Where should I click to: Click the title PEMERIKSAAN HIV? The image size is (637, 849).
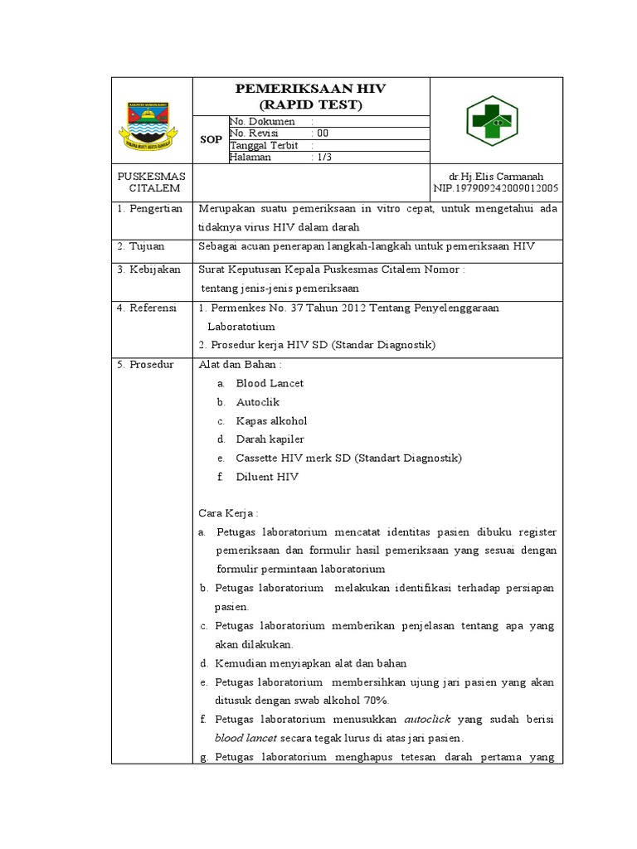click(311, 90)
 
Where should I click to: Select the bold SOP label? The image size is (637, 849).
click(211, 140)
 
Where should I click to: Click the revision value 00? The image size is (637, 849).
click(323, 133)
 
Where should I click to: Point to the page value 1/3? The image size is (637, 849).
click(324, 158)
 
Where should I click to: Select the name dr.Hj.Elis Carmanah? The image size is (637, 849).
click(496, 177)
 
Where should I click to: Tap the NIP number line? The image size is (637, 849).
click(496, 189)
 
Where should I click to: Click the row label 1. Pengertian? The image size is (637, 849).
click(149, 209)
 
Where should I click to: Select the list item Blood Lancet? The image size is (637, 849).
click(270, 383)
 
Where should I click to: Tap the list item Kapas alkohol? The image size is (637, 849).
click(271, 420)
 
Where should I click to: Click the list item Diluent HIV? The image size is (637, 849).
click(267, 477)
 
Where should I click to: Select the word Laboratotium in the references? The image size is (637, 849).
click(246, 327)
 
